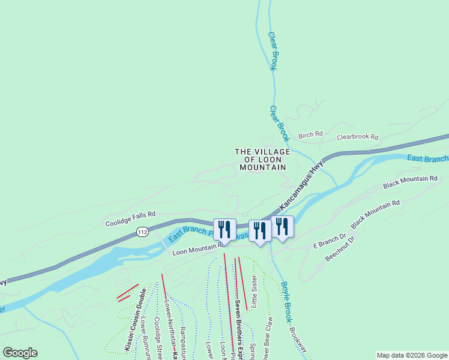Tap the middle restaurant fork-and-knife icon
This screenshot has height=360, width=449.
tap(260, 230)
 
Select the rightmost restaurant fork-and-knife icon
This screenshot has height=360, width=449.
tap(282, 226)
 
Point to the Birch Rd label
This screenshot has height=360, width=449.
tap(310, 134)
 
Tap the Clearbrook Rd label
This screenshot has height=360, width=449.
tap(357, 137)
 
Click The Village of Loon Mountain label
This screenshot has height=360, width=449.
tap(262, 160)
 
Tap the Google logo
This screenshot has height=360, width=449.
tap(20, 352)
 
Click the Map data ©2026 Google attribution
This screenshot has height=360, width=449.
tap(412, 355)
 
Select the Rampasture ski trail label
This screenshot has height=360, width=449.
tap(184, 339)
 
